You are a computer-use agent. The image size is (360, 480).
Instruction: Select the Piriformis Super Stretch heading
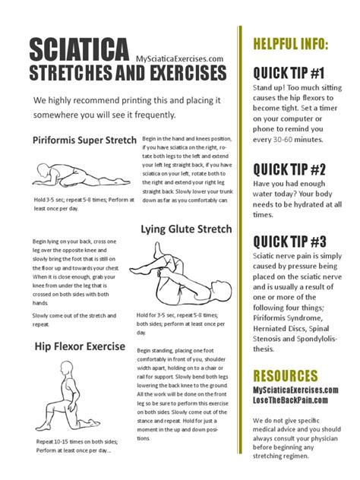coord(84,140)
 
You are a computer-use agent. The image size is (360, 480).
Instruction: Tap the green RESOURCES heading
coord(285,376)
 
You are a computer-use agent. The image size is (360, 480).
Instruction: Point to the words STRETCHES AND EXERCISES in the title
coord(128,74)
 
